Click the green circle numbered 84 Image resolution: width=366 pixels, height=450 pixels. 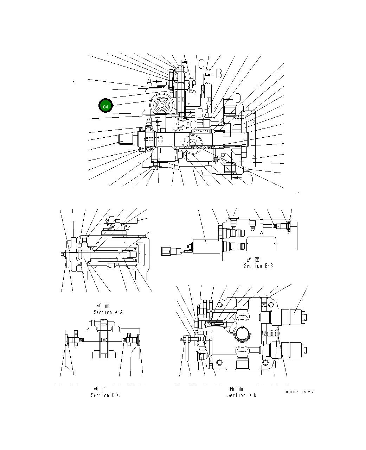pos(105,106)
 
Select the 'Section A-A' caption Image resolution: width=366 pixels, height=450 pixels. pos(108,312)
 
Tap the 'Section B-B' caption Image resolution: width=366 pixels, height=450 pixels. pos(258,266)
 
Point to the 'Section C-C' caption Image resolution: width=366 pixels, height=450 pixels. pos(105,395)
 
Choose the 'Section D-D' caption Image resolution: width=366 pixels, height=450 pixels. pos(242,395)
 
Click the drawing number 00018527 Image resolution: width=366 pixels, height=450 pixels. pos(300,392)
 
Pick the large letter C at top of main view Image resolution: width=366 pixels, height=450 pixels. pos(201,64)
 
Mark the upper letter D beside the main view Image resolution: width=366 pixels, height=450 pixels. pos(238,98)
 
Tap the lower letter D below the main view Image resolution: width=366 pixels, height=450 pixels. pos(250,180)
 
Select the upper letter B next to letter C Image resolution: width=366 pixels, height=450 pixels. pos(218,73)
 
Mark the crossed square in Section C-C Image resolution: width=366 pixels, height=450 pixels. pos(104,340)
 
